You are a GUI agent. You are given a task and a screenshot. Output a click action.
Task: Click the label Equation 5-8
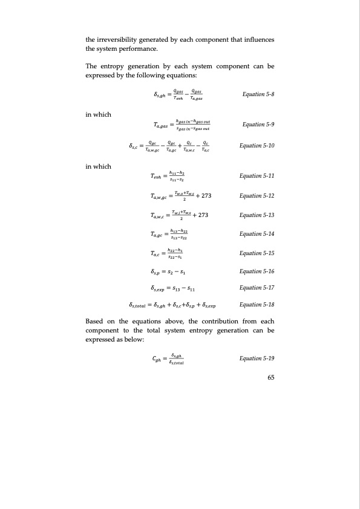(x=258, y=95)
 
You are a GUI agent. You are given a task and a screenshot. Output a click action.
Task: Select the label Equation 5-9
(x=258, y=125)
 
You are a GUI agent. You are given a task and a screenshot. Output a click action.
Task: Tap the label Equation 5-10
(x=257, y=146)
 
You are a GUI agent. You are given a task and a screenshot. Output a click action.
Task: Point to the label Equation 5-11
(x=257, y=175)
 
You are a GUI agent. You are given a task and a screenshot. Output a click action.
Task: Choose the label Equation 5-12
(x=257, y=196)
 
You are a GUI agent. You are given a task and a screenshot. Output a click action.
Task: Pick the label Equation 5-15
(x=257, y=253)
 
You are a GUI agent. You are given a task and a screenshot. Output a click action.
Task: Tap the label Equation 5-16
(x=257, y=272)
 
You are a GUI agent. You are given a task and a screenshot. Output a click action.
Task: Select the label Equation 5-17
(x=257, y=288)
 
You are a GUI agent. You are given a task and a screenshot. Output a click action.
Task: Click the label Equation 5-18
(x=257, y=305)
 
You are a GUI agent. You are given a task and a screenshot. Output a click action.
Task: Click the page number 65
(x=270, y=378)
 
